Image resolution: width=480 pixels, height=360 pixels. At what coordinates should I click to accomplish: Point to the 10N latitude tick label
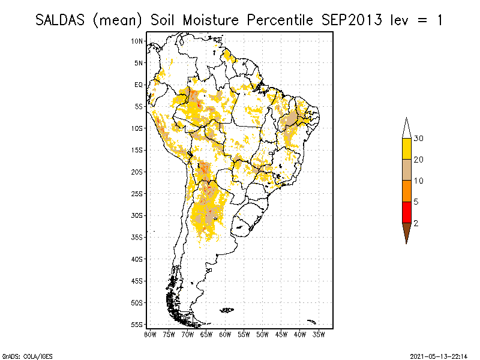click(x=137, y=41)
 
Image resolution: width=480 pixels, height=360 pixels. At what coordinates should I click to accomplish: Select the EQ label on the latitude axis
click(x=139, y=85)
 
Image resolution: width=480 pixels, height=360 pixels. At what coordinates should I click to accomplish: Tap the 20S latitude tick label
click(x=137, y=172)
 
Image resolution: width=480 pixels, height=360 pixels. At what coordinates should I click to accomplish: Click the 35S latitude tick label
click(x=137, y=237)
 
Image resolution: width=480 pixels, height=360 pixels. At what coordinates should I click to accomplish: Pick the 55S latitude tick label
click(x=137, y=324)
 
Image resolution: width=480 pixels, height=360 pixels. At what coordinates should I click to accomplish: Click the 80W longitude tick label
click(x=150, y=334)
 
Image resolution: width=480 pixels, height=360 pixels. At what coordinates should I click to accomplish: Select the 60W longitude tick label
click(x=226, y=334)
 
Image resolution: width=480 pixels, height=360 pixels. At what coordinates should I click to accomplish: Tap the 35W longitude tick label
click(x=319, y=334)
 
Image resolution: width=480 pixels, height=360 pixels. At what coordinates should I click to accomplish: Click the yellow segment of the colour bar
click(x=406, y=149)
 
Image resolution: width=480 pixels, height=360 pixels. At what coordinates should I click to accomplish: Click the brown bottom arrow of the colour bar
click(x=406, y=232)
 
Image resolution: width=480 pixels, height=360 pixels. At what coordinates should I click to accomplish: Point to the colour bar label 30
click(x=419, y=139)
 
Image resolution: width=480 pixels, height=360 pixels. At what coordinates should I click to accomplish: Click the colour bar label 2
click(x=416, y=223)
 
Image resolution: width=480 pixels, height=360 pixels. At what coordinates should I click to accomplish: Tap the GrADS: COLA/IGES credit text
click(x=19, y=356)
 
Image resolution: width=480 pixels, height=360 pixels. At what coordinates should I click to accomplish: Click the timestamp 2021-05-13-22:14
click(x=438, y=356)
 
